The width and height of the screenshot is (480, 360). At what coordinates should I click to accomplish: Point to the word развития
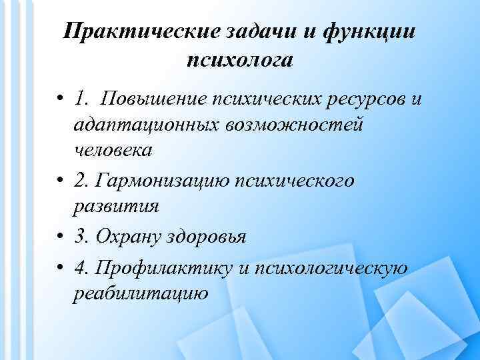tap(116, 205)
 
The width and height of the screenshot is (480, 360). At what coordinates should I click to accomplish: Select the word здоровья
tap(209, 236)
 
